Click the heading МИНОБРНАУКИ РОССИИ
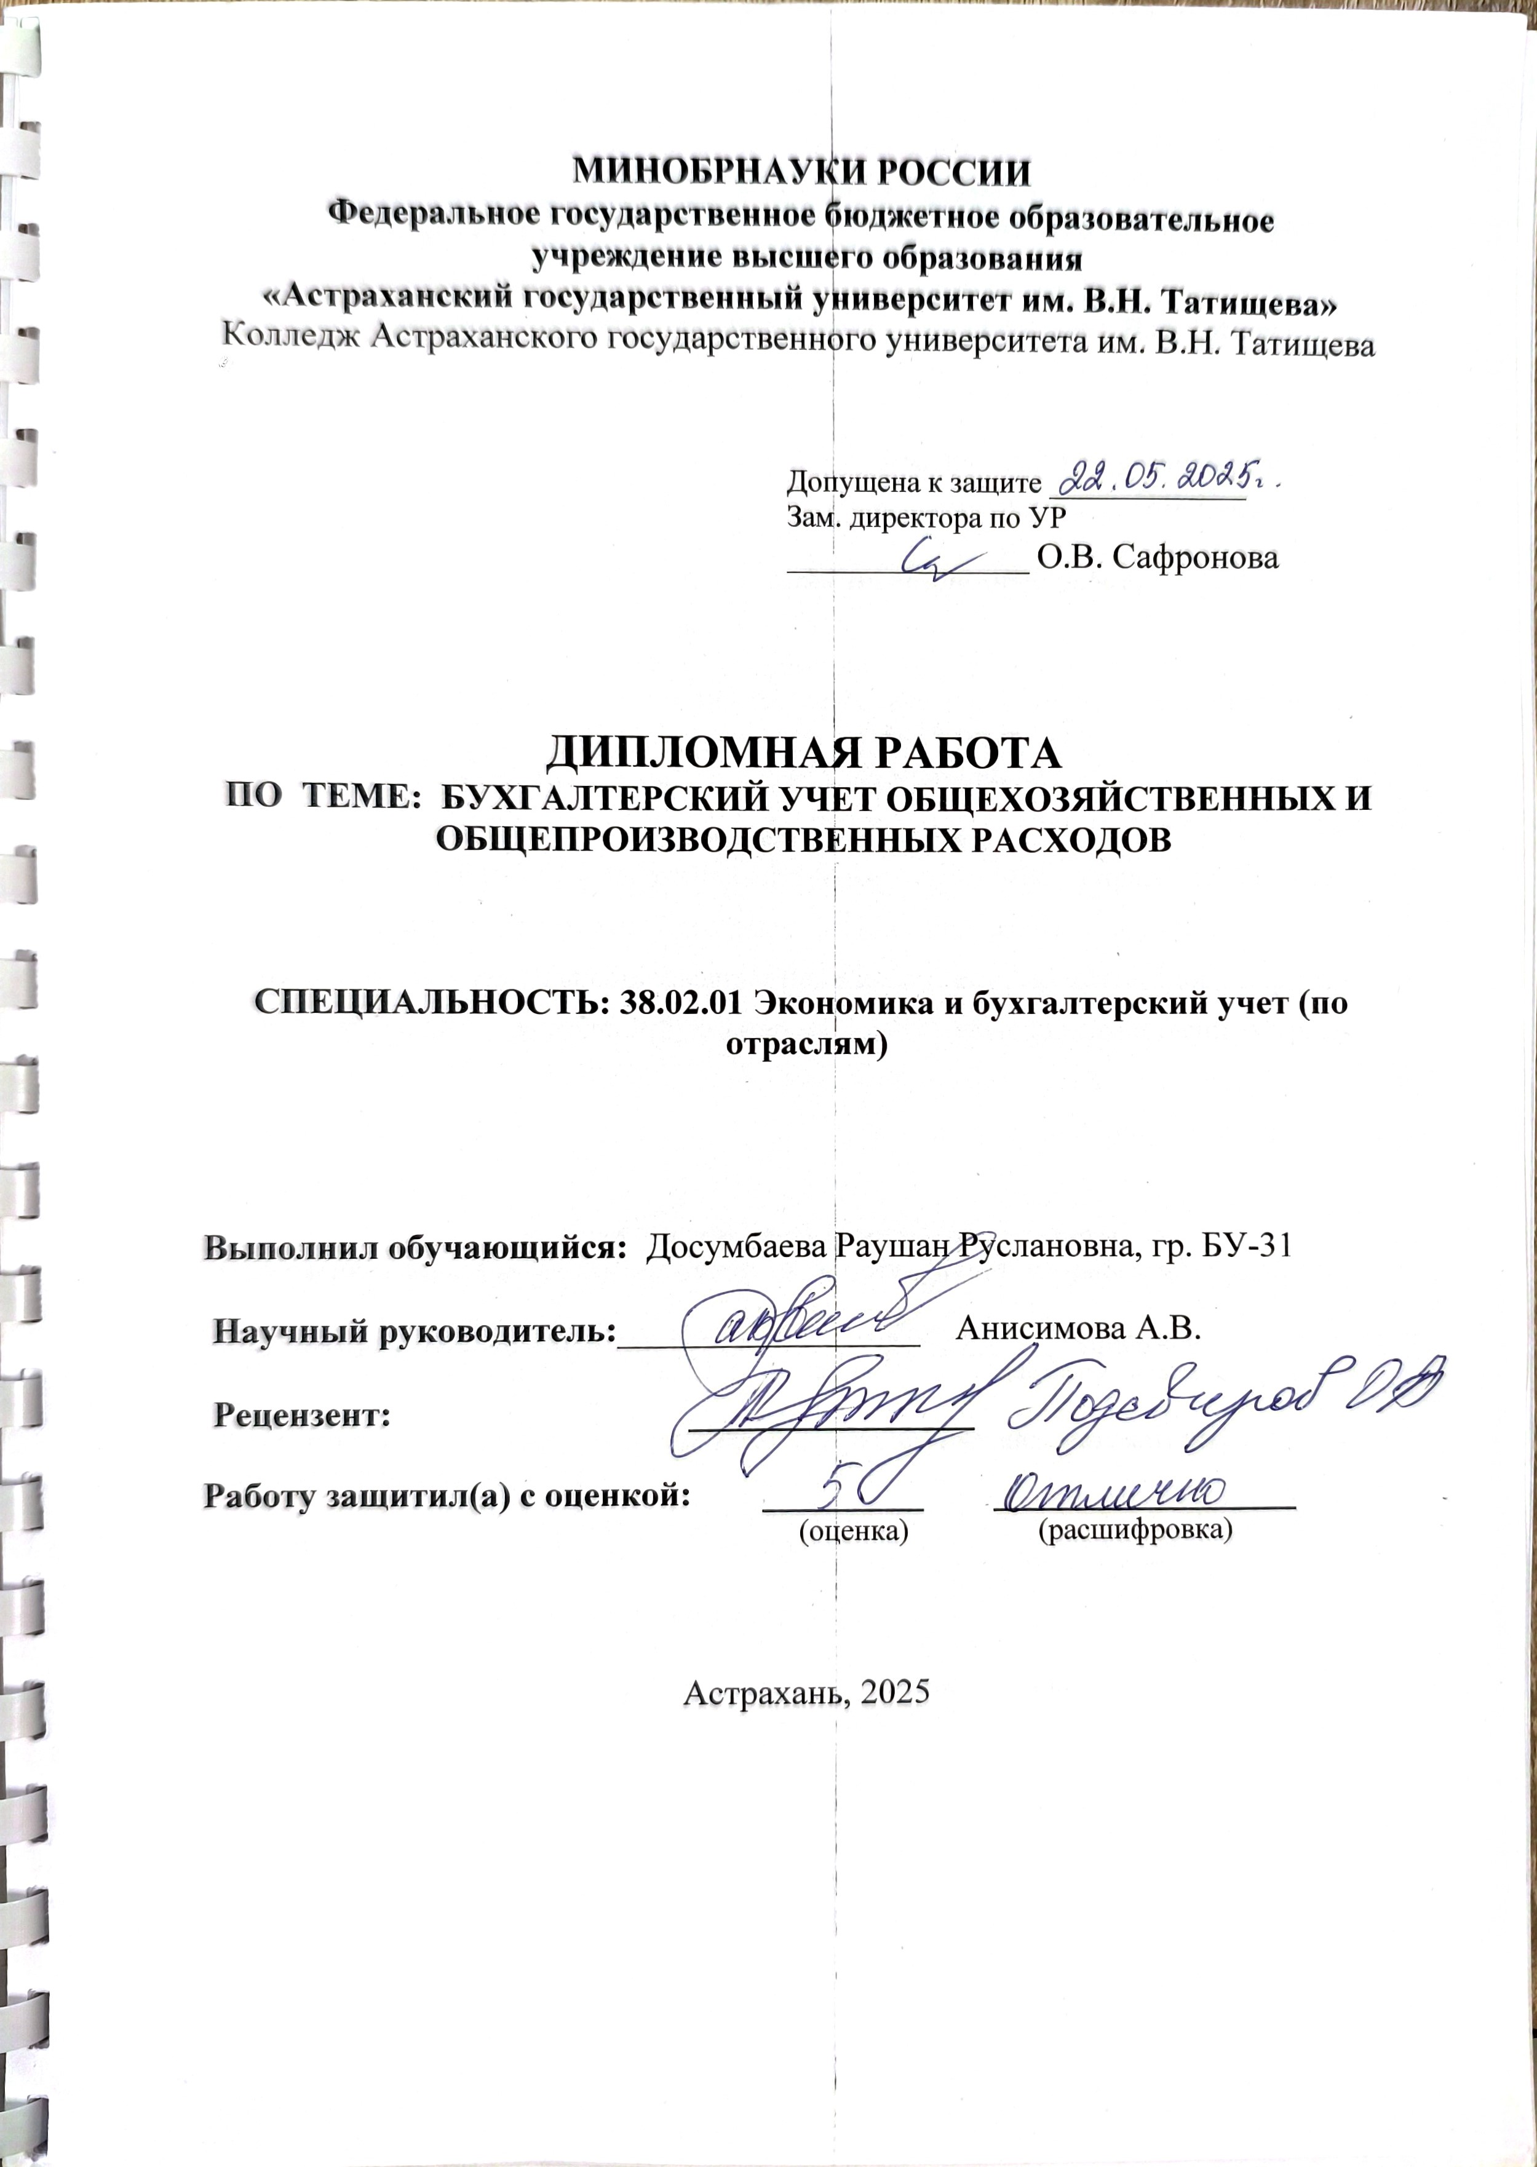pyautogui.click(x=803, y=173)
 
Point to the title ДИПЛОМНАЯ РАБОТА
pyautogui.click(x=803, y=753)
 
